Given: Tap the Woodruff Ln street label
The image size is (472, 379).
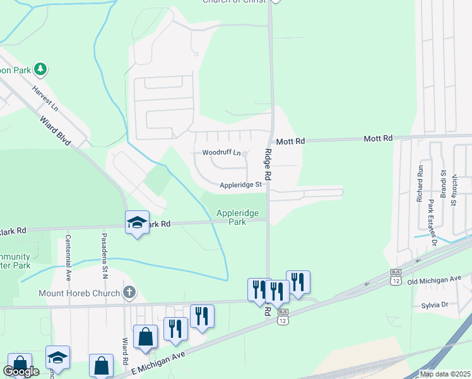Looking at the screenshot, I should (x=221, y=153).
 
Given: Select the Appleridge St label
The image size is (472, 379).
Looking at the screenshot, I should (x=240, y=185).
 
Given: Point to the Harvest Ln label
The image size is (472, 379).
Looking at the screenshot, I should (x=45, y=99).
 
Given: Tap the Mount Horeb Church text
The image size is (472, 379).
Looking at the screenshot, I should (x=79, y=293).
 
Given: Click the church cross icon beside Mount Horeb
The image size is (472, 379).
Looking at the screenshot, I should (x=129, y=292).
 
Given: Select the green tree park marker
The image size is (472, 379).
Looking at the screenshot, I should (x=40, y=68).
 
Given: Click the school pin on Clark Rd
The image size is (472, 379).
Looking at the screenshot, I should (x=137, y=222).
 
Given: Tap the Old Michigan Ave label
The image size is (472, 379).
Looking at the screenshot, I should (x=435, y=279).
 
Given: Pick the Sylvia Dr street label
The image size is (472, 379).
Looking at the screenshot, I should (x=435, y=305).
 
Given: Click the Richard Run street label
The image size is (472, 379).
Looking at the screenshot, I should (x=419, y=183).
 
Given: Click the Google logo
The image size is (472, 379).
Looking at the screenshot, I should (x=21, y=371).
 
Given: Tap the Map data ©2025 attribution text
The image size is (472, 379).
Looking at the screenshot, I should (x=445, y=374).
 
